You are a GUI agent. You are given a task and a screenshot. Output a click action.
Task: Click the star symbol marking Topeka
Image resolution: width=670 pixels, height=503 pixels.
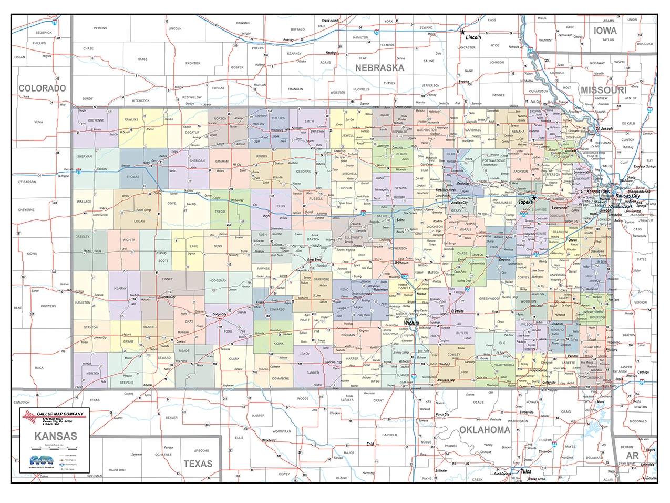point(534,198)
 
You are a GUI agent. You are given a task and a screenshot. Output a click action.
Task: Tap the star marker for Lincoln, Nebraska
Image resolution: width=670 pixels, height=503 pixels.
point(462,32)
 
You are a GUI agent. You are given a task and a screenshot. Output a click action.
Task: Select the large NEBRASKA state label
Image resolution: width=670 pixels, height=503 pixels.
point(379,68)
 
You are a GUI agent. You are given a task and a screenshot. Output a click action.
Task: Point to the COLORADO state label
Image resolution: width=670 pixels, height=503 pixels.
point(42,88)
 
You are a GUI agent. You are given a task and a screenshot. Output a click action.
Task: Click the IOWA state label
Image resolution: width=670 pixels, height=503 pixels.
point(605,31)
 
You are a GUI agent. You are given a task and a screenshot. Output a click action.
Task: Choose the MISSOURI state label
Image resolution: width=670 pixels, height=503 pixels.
point(603,90)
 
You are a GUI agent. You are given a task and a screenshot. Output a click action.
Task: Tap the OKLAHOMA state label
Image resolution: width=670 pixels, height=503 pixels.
point(485,429)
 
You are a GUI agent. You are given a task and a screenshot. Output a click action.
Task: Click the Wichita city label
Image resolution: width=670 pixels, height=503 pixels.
point(411,323)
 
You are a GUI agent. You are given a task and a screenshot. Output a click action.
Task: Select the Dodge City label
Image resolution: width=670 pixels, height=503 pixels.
point(220,314)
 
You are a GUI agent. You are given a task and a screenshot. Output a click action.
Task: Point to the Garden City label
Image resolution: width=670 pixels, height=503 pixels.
point(168,297)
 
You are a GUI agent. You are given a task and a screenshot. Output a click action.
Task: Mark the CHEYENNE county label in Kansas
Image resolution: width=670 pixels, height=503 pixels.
point(96,120)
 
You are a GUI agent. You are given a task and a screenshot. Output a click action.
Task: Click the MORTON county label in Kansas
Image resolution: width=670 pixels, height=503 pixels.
point(92,373)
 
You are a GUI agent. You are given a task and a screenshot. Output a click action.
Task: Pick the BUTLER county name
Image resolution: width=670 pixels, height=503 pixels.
point(462,333)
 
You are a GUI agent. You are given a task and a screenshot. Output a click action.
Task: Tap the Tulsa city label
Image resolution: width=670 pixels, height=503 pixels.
point(525,471)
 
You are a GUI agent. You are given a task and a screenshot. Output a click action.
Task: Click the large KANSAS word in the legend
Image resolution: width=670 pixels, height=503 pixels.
point(56,436)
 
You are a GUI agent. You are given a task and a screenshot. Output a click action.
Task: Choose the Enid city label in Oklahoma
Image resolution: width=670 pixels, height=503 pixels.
point(370,444)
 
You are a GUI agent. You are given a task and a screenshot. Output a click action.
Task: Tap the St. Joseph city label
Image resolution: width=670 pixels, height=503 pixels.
point(604,128)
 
